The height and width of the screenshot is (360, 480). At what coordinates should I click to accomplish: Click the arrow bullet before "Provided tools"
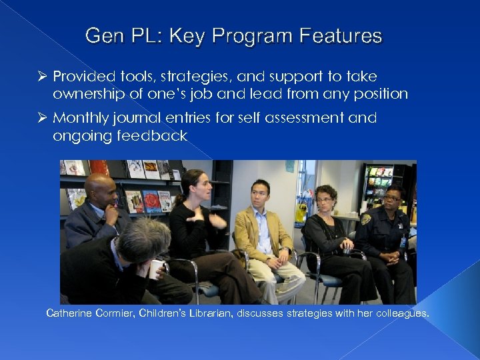[x=41, y=77]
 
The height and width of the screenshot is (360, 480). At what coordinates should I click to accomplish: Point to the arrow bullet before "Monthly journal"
[x=41, y=118]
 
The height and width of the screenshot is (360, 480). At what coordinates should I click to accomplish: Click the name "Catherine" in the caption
[x=70, y=313]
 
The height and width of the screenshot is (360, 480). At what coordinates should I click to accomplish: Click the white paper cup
[x=156, y=269]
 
